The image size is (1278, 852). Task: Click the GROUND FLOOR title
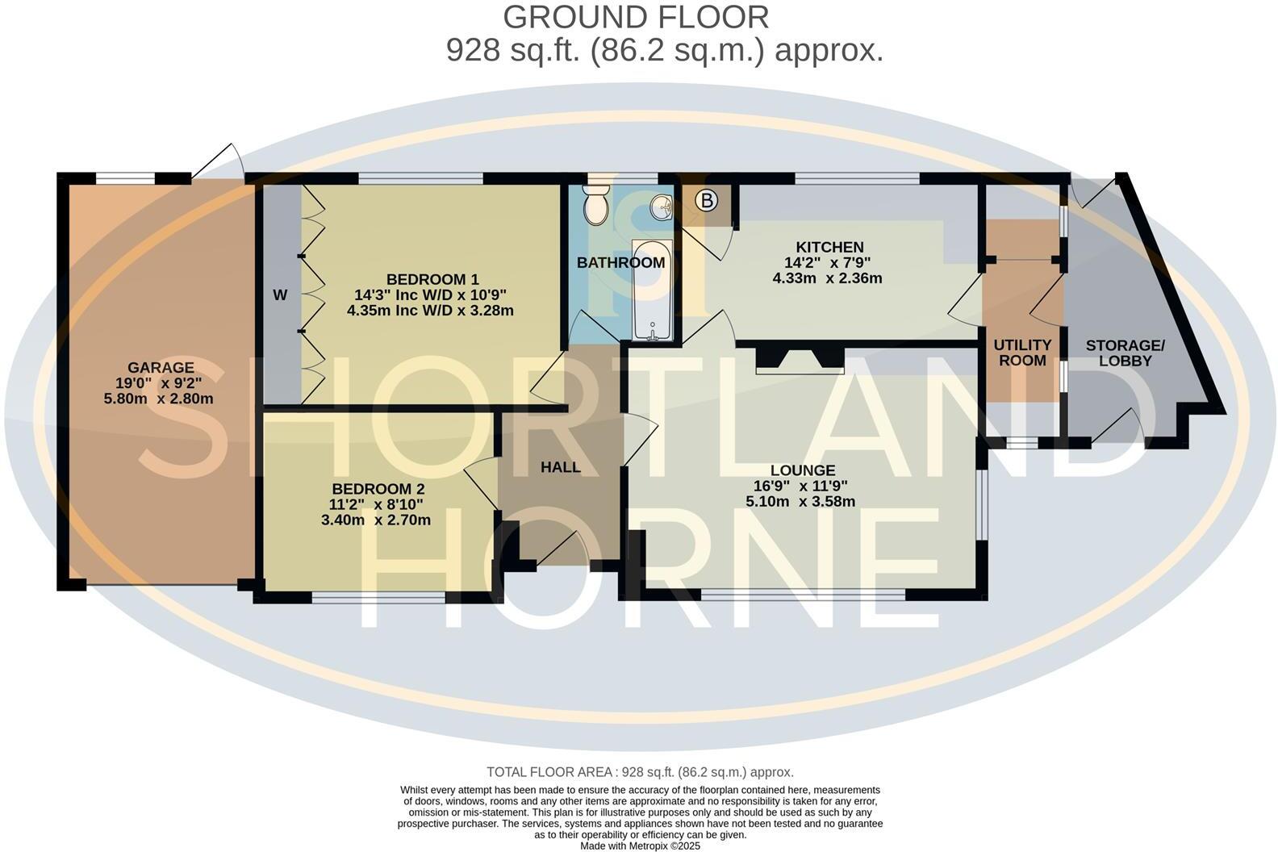coord(636,16)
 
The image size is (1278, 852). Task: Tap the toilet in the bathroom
coord(596,205)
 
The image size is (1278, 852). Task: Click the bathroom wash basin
coord(662,207)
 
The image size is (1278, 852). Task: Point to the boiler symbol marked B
coord(707,200)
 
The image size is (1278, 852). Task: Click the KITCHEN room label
coord(829,247)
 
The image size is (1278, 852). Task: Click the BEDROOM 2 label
coord(378,489)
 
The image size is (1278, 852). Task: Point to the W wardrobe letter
coord(280,295)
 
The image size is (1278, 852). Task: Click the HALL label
coord(560,467)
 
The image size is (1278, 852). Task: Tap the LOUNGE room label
coord(802,470)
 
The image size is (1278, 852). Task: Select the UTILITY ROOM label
coord(1022,353)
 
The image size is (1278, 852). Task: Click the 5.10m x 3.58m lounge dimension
coord(800,501)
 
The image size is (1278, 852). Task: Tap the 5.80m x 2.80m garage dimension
coord(158,399)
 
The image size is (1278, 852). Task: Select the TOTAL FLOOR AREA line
coord(640,772)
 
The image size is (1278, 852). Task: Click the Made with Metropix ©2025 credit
coord(641,846)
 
